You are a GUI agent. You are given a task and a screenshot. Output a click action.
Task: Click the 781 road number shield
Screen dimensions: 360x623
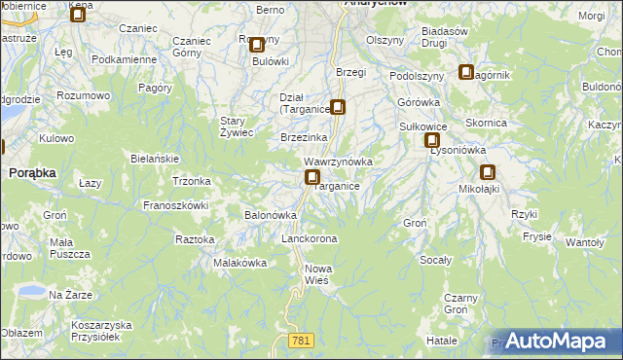coord(301,340)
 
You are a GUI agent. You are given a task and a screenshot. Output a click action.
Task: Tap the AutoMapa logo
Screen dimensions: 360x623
coord(554,341)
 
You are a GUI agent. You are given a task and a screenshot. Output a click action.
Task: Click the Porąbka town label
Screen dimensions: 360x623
coord(32,171)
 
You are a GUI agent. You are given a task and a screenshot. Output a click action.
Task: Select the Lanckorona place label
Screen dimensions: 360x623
coord(309,238)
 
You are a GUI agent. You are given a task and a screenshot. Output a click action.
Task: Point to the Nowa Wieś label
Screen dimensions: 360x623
coord(318,274)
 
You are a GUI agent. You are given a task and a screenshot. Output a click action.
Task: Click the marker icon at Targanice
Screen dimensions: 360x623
coord(312,177)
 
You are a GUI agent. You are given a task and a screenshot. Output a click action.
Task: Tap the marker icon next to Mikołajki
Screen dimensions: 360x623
coord(487,172)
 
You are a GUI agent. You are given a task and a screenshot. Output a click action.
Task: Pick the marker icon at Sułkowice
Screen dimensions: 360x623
coord(431,141)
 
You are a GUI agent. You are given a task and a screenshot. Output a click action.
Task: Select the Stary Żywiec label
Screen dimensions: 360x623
coord(237,126)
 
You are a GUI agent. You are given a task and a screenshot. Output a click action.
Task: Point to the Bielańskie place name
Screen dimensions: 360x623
coord(155,158)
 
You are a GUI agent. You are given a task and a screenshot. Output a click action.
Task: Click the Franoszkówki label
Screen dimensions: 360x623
coord(176,205)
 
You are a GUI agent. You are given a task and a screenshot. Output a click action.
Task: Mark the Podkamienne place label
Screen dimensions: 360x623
coord(124,59)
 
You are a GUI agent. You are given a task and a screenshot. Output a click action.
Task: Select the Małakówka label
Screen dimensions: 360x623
coord(239,263)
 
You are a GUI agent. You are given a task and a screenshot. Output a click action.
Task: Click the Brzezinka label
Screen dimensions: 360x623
coord(303,138)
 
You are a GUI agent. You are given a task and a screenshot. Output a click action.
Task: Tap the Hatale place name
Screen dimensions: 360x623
coord(442,341)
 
